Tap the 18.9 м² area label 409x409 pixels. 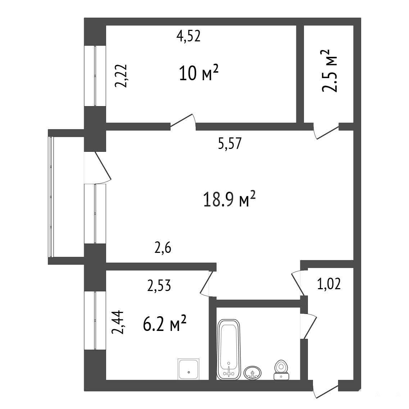pos(229,199)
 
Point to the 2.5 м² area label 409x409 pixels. pos(330,71)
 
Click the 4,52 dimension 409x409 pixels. pos(188,36)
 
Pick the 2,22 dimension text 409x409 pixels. pos(121,76)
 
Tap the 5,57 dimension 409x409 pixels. pos(230,143)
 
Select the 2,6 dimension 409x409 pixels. pos(163,247)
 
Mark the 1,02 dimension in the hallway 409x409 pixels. pos(329,284)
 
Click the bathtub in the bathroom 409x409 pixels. pos(229,350)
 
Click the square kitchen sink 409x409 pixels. pos(188,369)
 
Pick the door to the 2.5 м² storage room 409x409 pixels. pos(326,131)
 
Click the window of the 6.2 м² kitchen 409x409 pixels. pos(95,320)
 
